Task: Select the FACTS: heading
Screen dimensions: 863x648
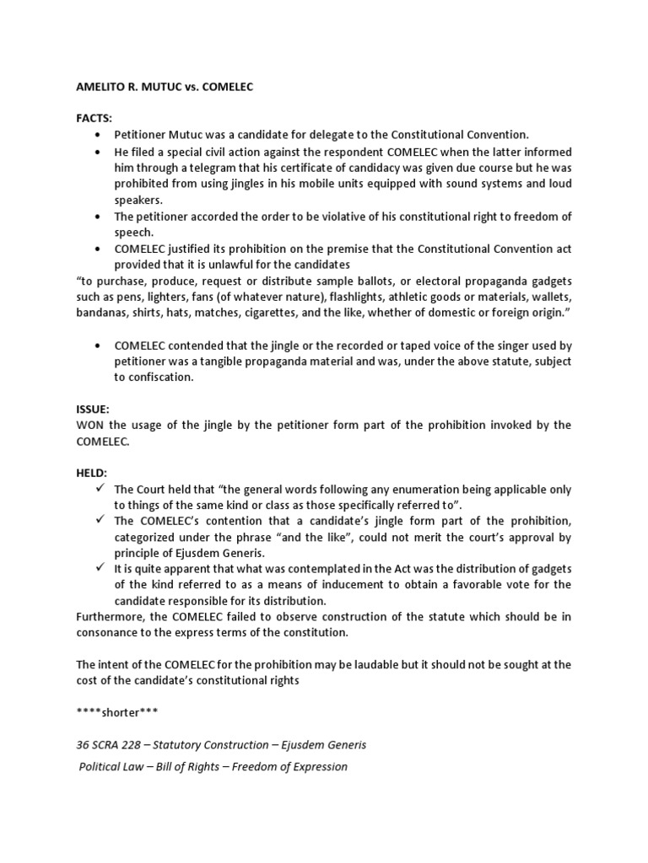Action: tap(94, 119)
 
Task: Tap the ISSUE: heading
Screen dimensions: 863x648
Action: tap(93, 409)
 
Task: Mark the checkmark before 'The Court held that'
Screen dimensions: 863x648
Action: tap(100, 489)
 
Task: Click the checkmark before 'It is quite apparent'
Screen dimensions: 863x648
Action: tap(100, 569)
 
